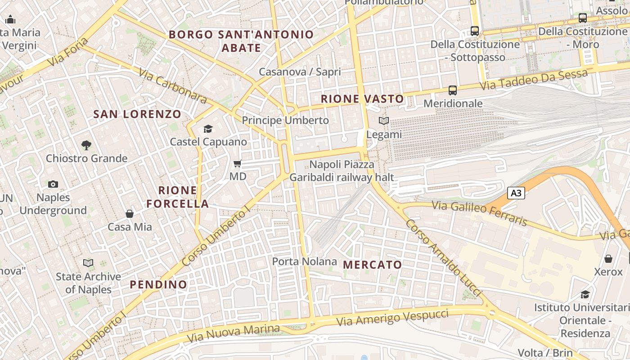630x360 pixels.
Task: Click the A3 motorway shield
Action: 516,193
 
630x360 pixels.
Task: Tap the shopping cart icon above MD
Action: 238,164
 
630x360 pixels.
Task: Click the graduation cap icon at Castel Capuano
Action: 208,129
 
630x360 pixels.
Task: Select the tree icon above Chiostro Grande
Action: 86,145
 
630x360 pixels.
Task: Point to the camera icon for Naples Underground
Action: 53,184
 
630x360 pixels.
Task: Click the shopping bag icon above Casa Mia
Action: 130,214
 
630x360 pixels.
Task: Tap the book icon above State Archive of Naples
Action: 89,263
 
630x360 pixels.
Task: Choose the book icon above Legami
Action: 383,121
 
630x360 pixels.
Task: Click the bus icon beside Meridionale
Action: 453,90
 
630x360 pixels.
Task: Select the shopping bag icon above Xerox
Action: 608,259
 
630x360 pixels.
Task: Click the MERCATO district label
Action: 373,265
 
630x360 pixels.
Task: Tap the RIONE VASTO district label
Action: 362,99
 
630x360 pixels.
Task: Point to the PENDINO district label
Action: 158,284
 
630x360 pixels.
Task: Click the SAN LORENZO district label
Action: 137,114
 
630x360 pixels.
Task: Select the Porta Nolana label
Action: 305,261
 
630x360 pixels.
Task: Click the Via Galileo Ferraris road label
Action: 479,213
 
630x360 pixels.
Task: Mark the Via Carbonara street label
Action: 172,86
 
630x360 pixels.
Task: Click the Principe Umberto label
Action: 285,121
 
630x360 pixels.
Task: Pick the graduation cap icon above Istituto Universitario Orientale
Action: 585,294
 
